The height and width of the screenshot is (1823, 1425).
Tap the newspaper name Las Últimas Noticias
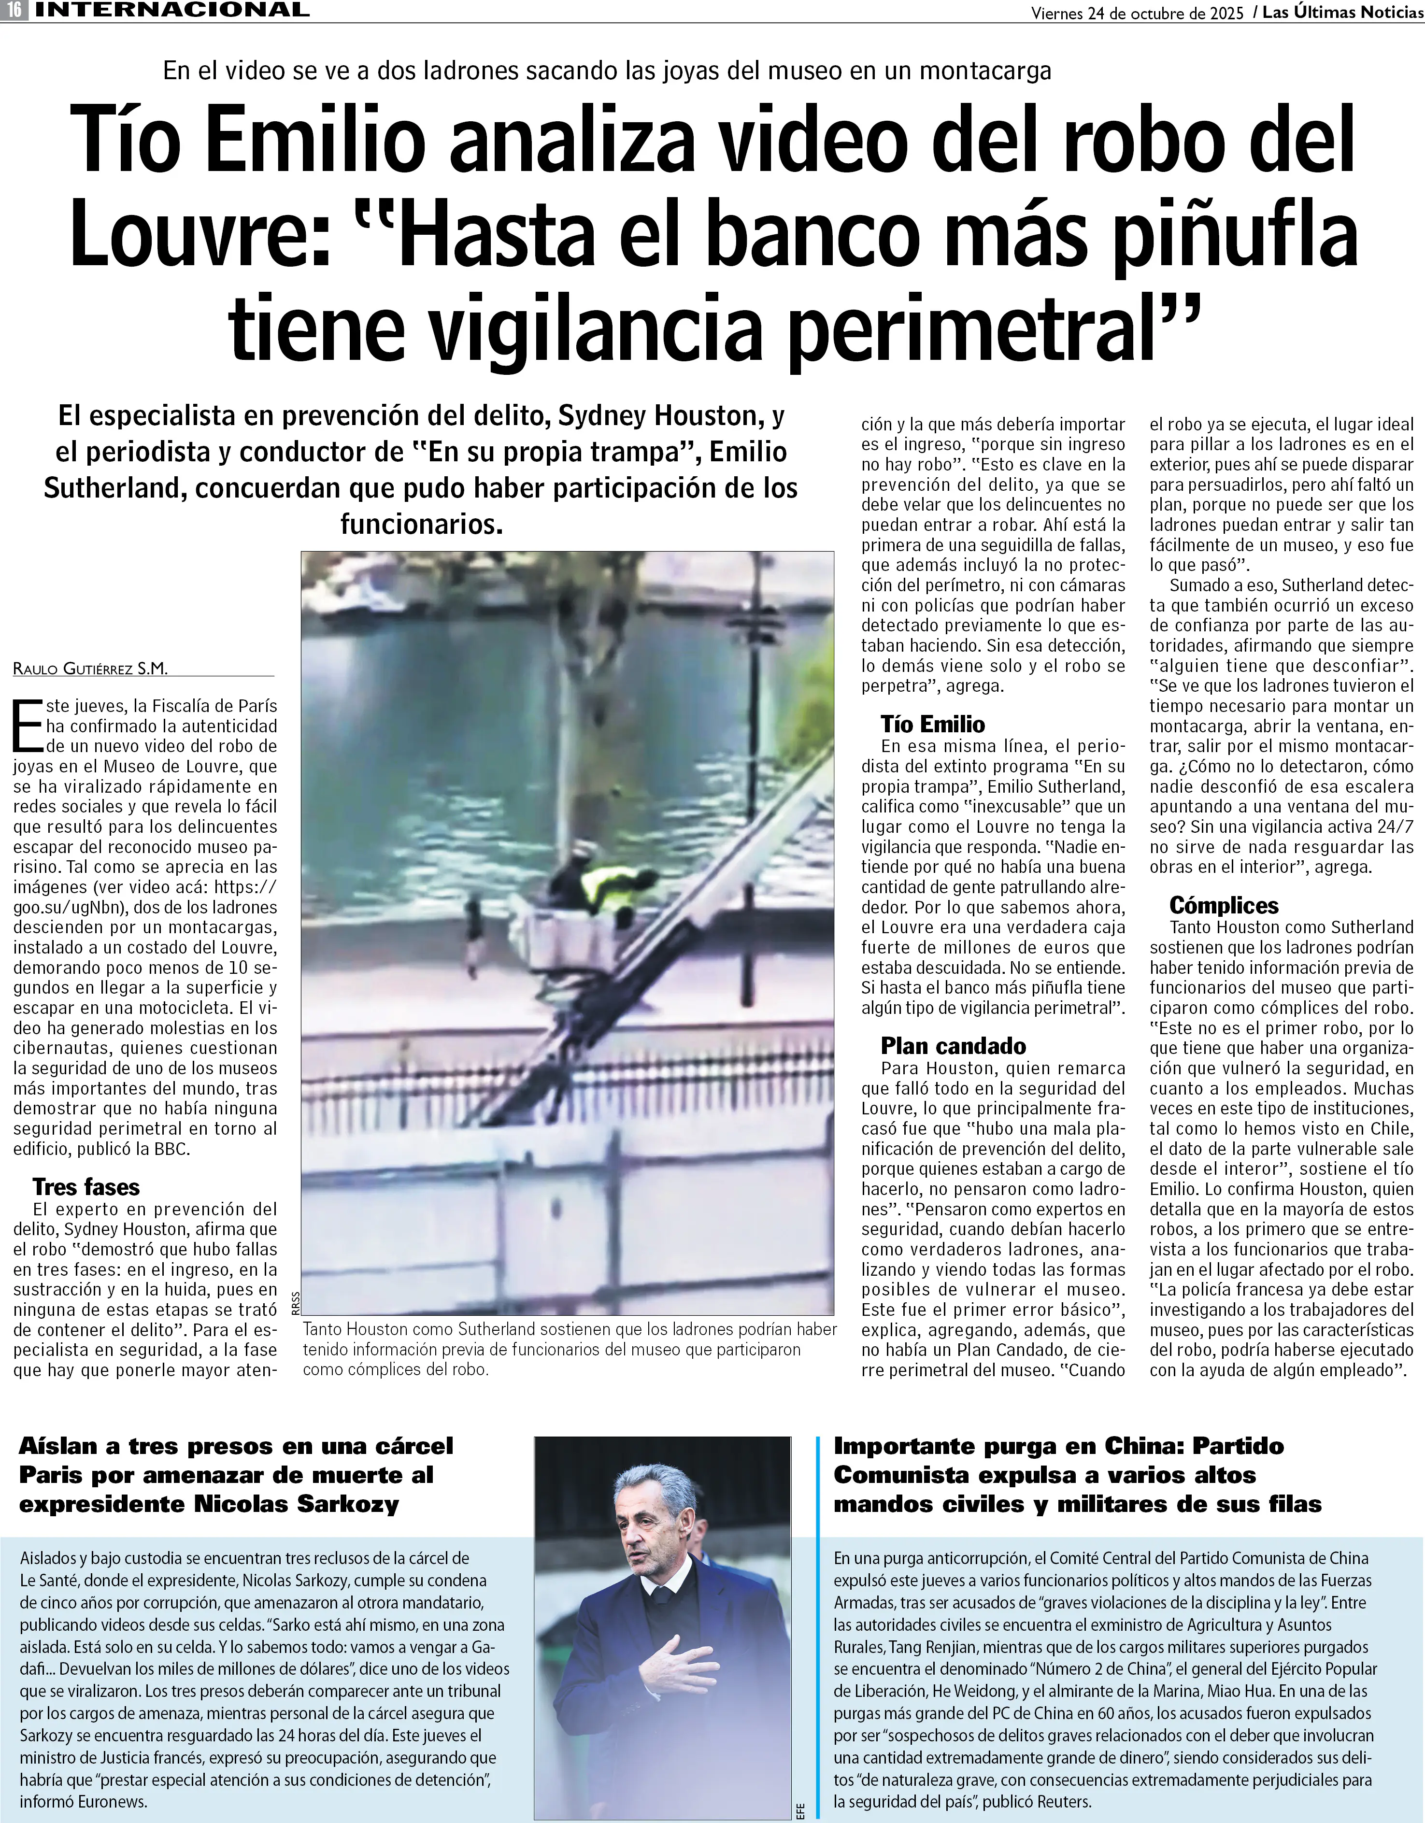(x=1342, y=13)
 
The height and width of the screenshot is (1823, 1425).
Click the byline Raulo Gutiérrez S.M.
(x=90, y=669)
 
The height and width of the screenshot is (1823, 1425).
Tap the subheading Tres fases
(x=86, y=1187)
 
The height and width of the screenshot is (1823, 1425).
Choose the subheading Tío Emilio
(x=932, y=725)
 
